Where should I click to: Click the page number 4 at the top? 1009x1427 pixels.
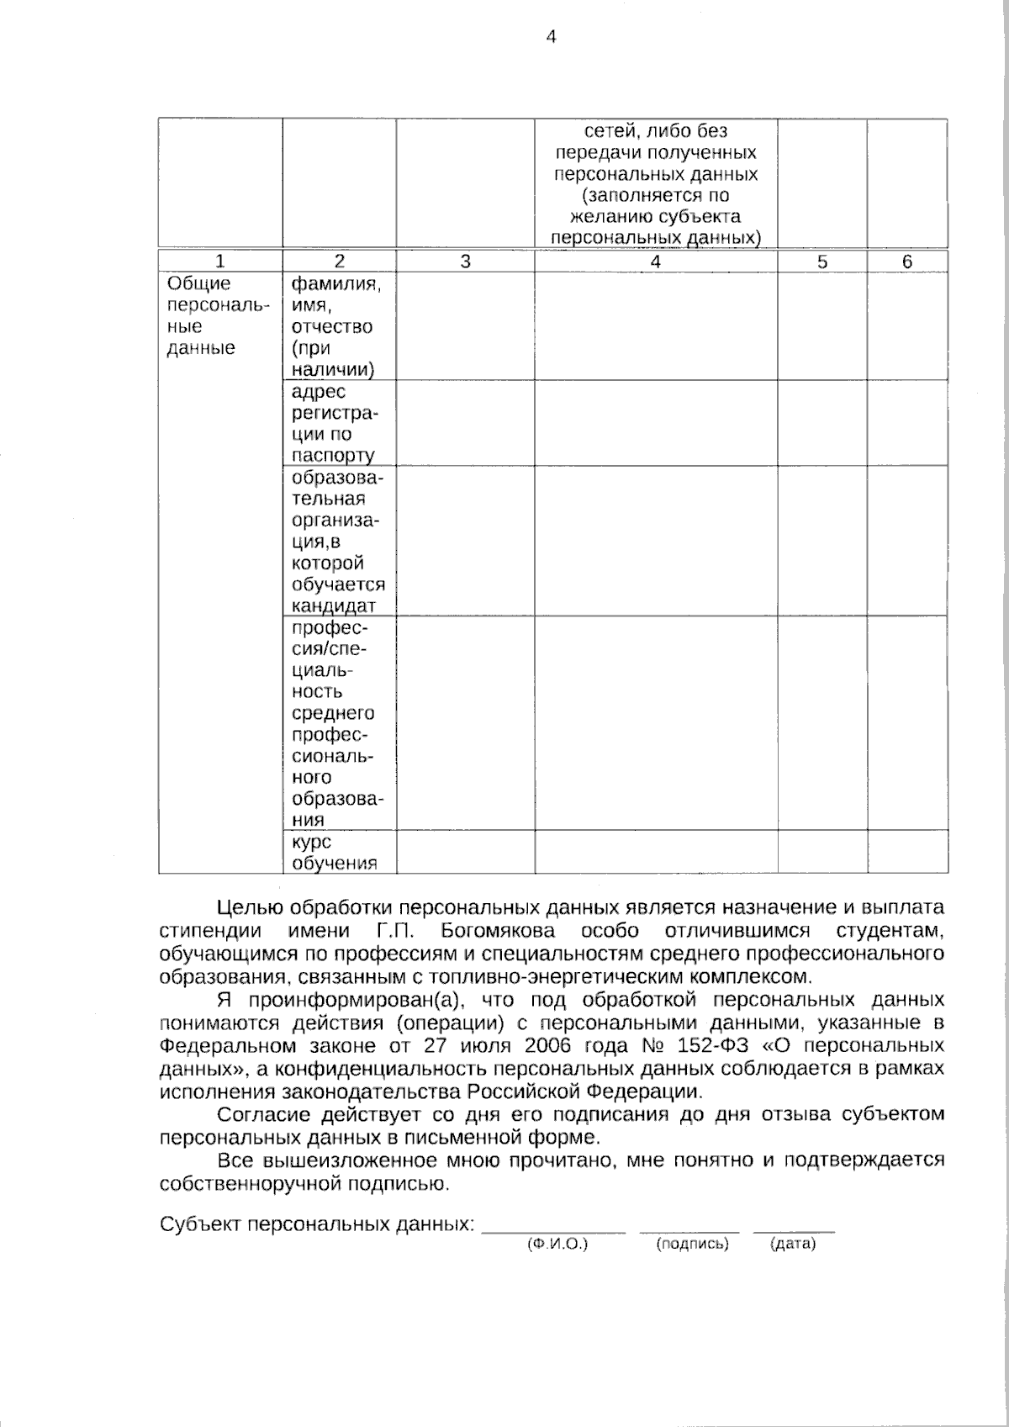coord(552,36)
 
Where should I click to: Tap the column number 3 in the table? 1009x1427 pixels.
coord(465,262)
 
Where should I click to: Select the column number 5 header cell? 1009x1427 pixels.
coord(822,262)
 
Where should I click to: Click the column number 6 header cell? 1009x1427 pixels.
coord(907,262)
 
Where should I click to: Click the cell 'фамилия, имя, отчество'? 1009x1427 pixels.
coord(336,326)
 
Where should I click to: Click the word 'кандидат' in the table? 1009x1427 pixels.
coord(333,606)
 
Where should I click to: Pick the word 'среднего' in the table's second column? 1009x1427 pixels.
coord(333,713)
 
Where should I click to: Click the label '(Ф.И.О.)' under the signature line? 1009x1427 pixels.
coord(557,1244)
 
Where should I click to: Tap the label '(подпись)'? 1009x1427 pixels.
coord(692,1244)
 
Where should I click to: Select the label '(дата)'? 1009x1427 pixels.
coord(793,1244)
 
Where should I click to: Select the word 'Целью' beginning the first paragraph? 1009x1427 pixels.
coord(249,908)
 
